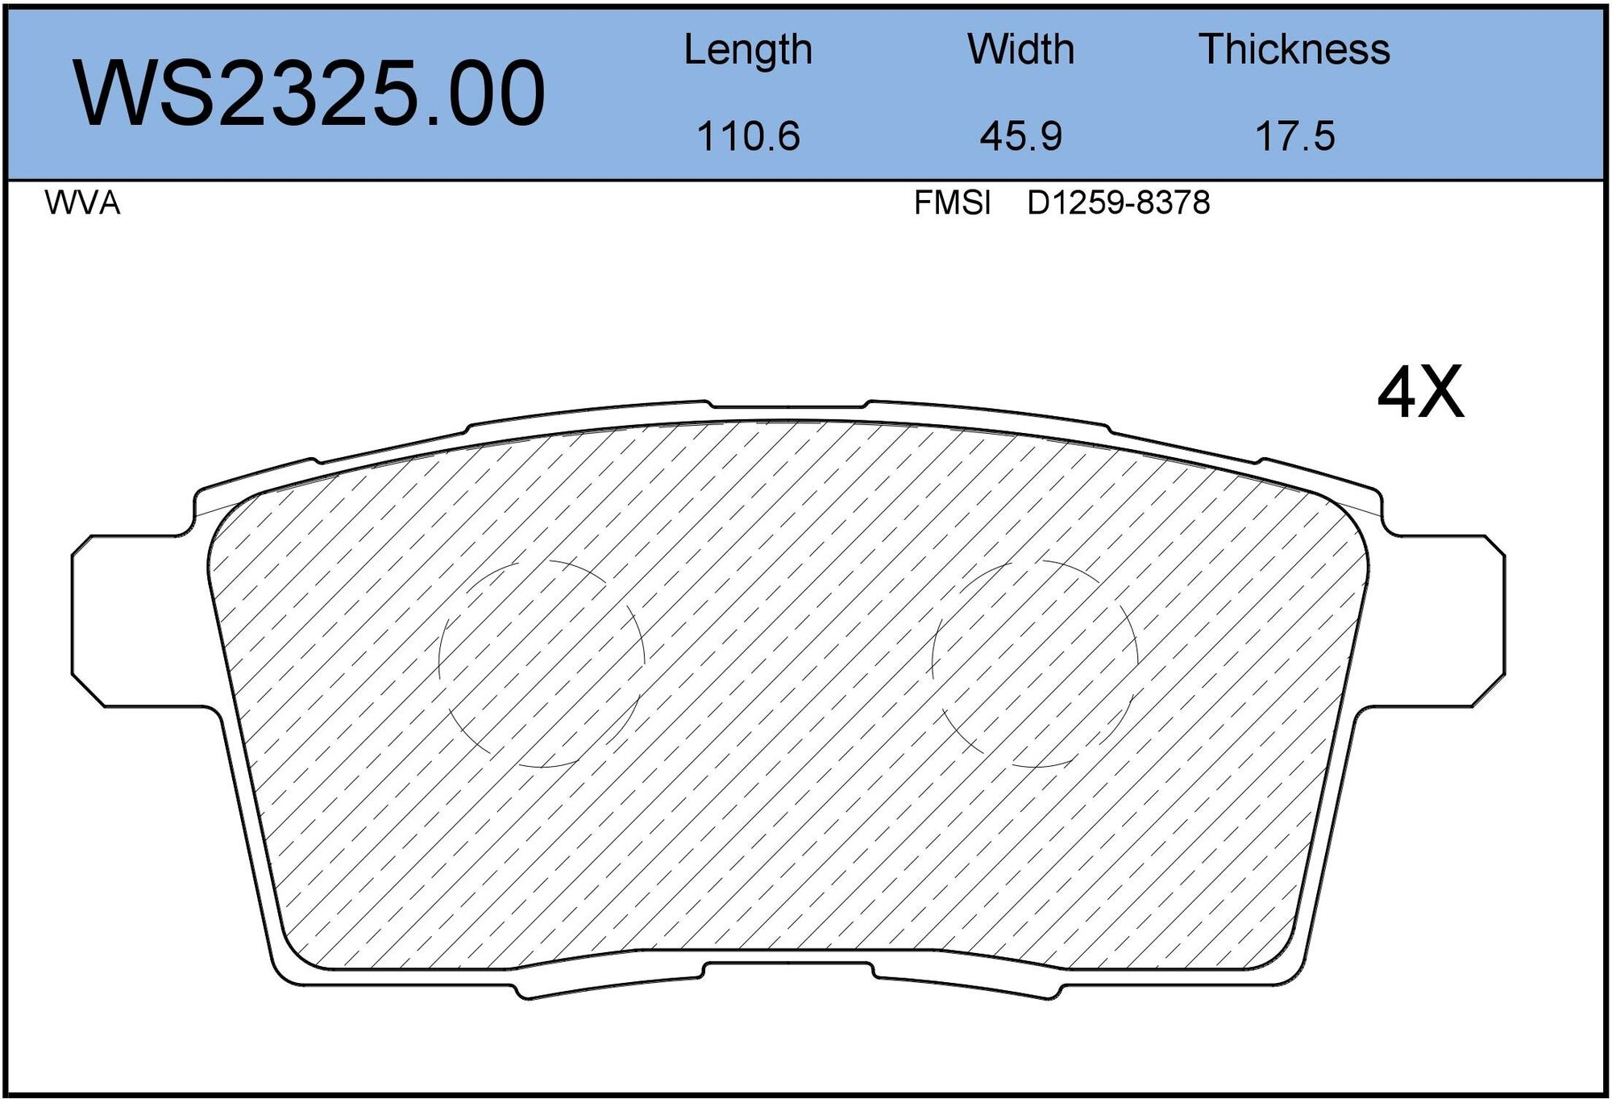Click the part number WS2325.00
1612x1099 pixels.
tap(310, 94)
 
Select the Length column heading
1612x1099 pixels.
tap(747, 50)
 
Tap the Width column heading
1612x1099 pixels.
tap(1020, 50)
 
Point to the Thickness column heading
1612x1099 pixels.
tap(1294, 50)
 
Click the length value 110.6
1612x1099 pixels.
tap(747, 135)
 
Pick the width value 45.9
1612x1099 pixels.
tap(1020, 135)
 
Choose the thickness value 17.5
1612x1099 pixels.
tap(1294, 135)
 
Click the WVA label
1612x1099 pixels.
tap(82, 203)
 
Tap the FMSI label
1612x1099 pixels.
tap(952, 203)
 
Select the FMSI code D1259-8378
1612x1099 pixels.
tap(1118, 203)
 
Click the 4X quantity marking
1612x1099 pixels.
tap(1420, 393)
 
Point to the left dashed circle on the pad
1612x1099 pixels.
tap(542, 663)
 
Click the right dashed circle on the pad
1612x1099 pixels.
tap(1035, 663)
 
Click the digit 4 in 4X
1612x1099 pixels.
tap(1398, 393)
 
